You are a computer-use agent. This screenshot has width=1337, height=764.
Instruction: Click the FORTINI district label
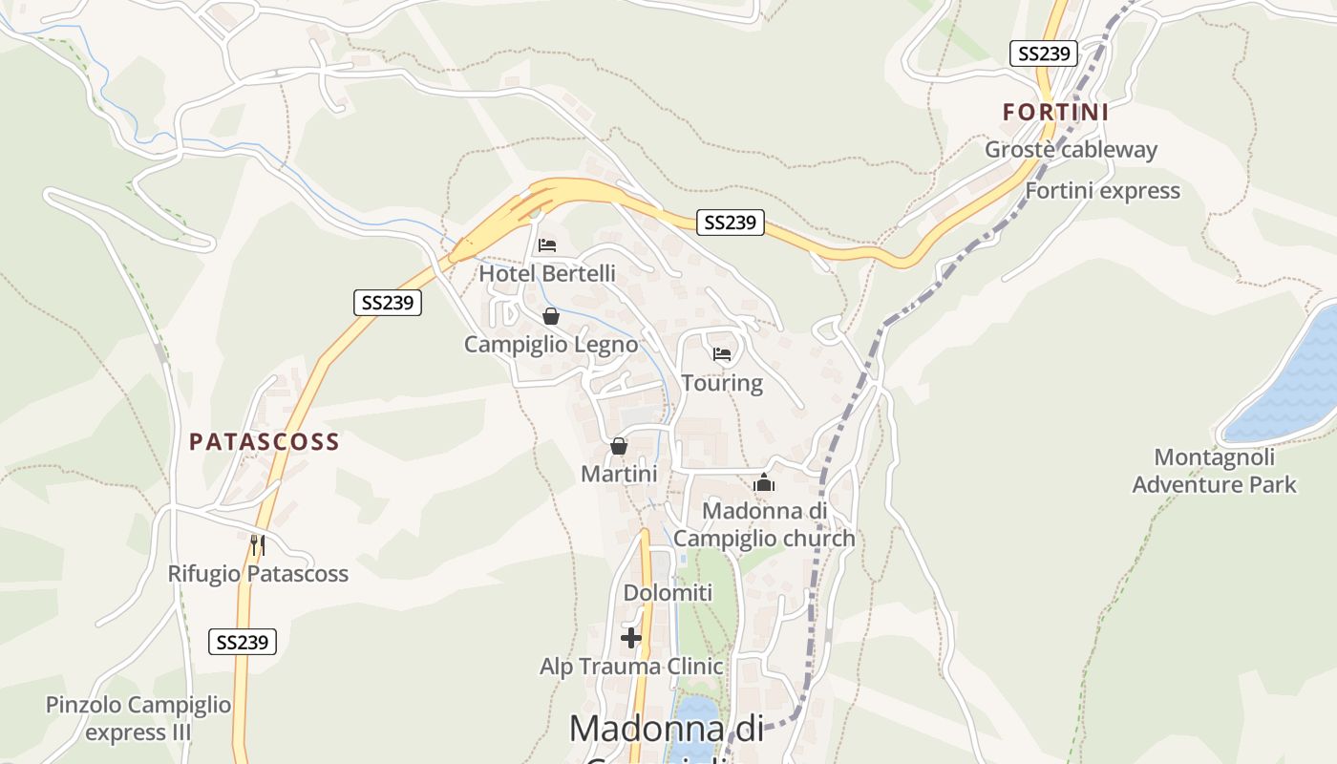[x=1055, y=113]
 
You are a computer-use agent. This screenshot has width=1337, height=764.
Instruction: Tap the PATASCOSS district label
[x=265, y=441]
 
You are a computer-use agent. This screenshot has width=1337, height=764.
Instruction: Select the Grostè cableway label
[x=1071, y=150]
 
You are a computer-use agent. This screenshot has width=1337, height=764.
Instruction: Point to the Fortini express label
[x=1102, y=191]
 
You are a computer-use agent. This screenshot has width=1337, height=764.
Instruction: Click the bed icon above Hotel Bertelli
[x=547, y=245]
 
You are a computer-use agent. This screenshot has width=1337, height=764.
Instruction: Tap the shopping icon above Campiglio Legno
[x=551, y=316]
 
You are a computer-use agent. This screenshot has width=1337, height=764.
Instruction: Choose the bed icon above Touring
[x=722, y=355]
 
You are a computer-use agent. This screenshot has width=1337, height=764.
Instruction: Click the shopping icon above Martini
[x=619, y=446]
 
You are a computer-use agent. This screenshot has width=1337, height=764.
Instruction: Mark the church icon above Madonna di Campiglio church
[x=764, y=483]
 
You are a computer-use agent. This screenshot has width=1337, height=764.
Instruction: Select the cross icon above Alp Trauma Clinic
[x=631, y=637]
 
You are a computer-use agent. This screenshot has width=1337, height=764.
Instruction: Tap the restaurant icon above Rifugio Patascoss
[x=257, y=545]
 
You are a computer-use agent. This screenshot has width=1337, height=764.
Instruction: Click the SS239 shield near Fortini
[x=1044, y=53]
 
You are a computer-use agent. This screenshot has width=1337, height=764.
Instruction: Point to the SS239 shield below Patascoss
[x=243, y=642]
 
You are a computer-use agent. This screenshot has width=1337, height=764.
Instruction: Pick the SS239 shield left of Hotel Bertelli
[x=387, y=303]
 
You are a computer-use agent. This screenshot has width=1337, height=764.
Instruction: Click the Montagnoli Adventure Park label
[x=1214, y=471]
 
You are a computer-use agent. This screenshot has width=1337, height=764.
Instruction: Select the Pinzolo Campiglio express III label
[x=138, y=718]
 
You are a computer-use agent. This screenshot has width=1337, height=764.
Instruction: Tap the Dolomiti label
[x=668, y=593]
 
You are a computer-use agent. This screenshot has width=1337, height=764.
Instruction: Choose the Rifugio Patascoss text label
[x=258, y=574]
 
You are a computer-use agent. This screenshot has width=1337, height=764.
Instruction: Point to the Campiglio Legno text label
[x=551, y=345]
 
